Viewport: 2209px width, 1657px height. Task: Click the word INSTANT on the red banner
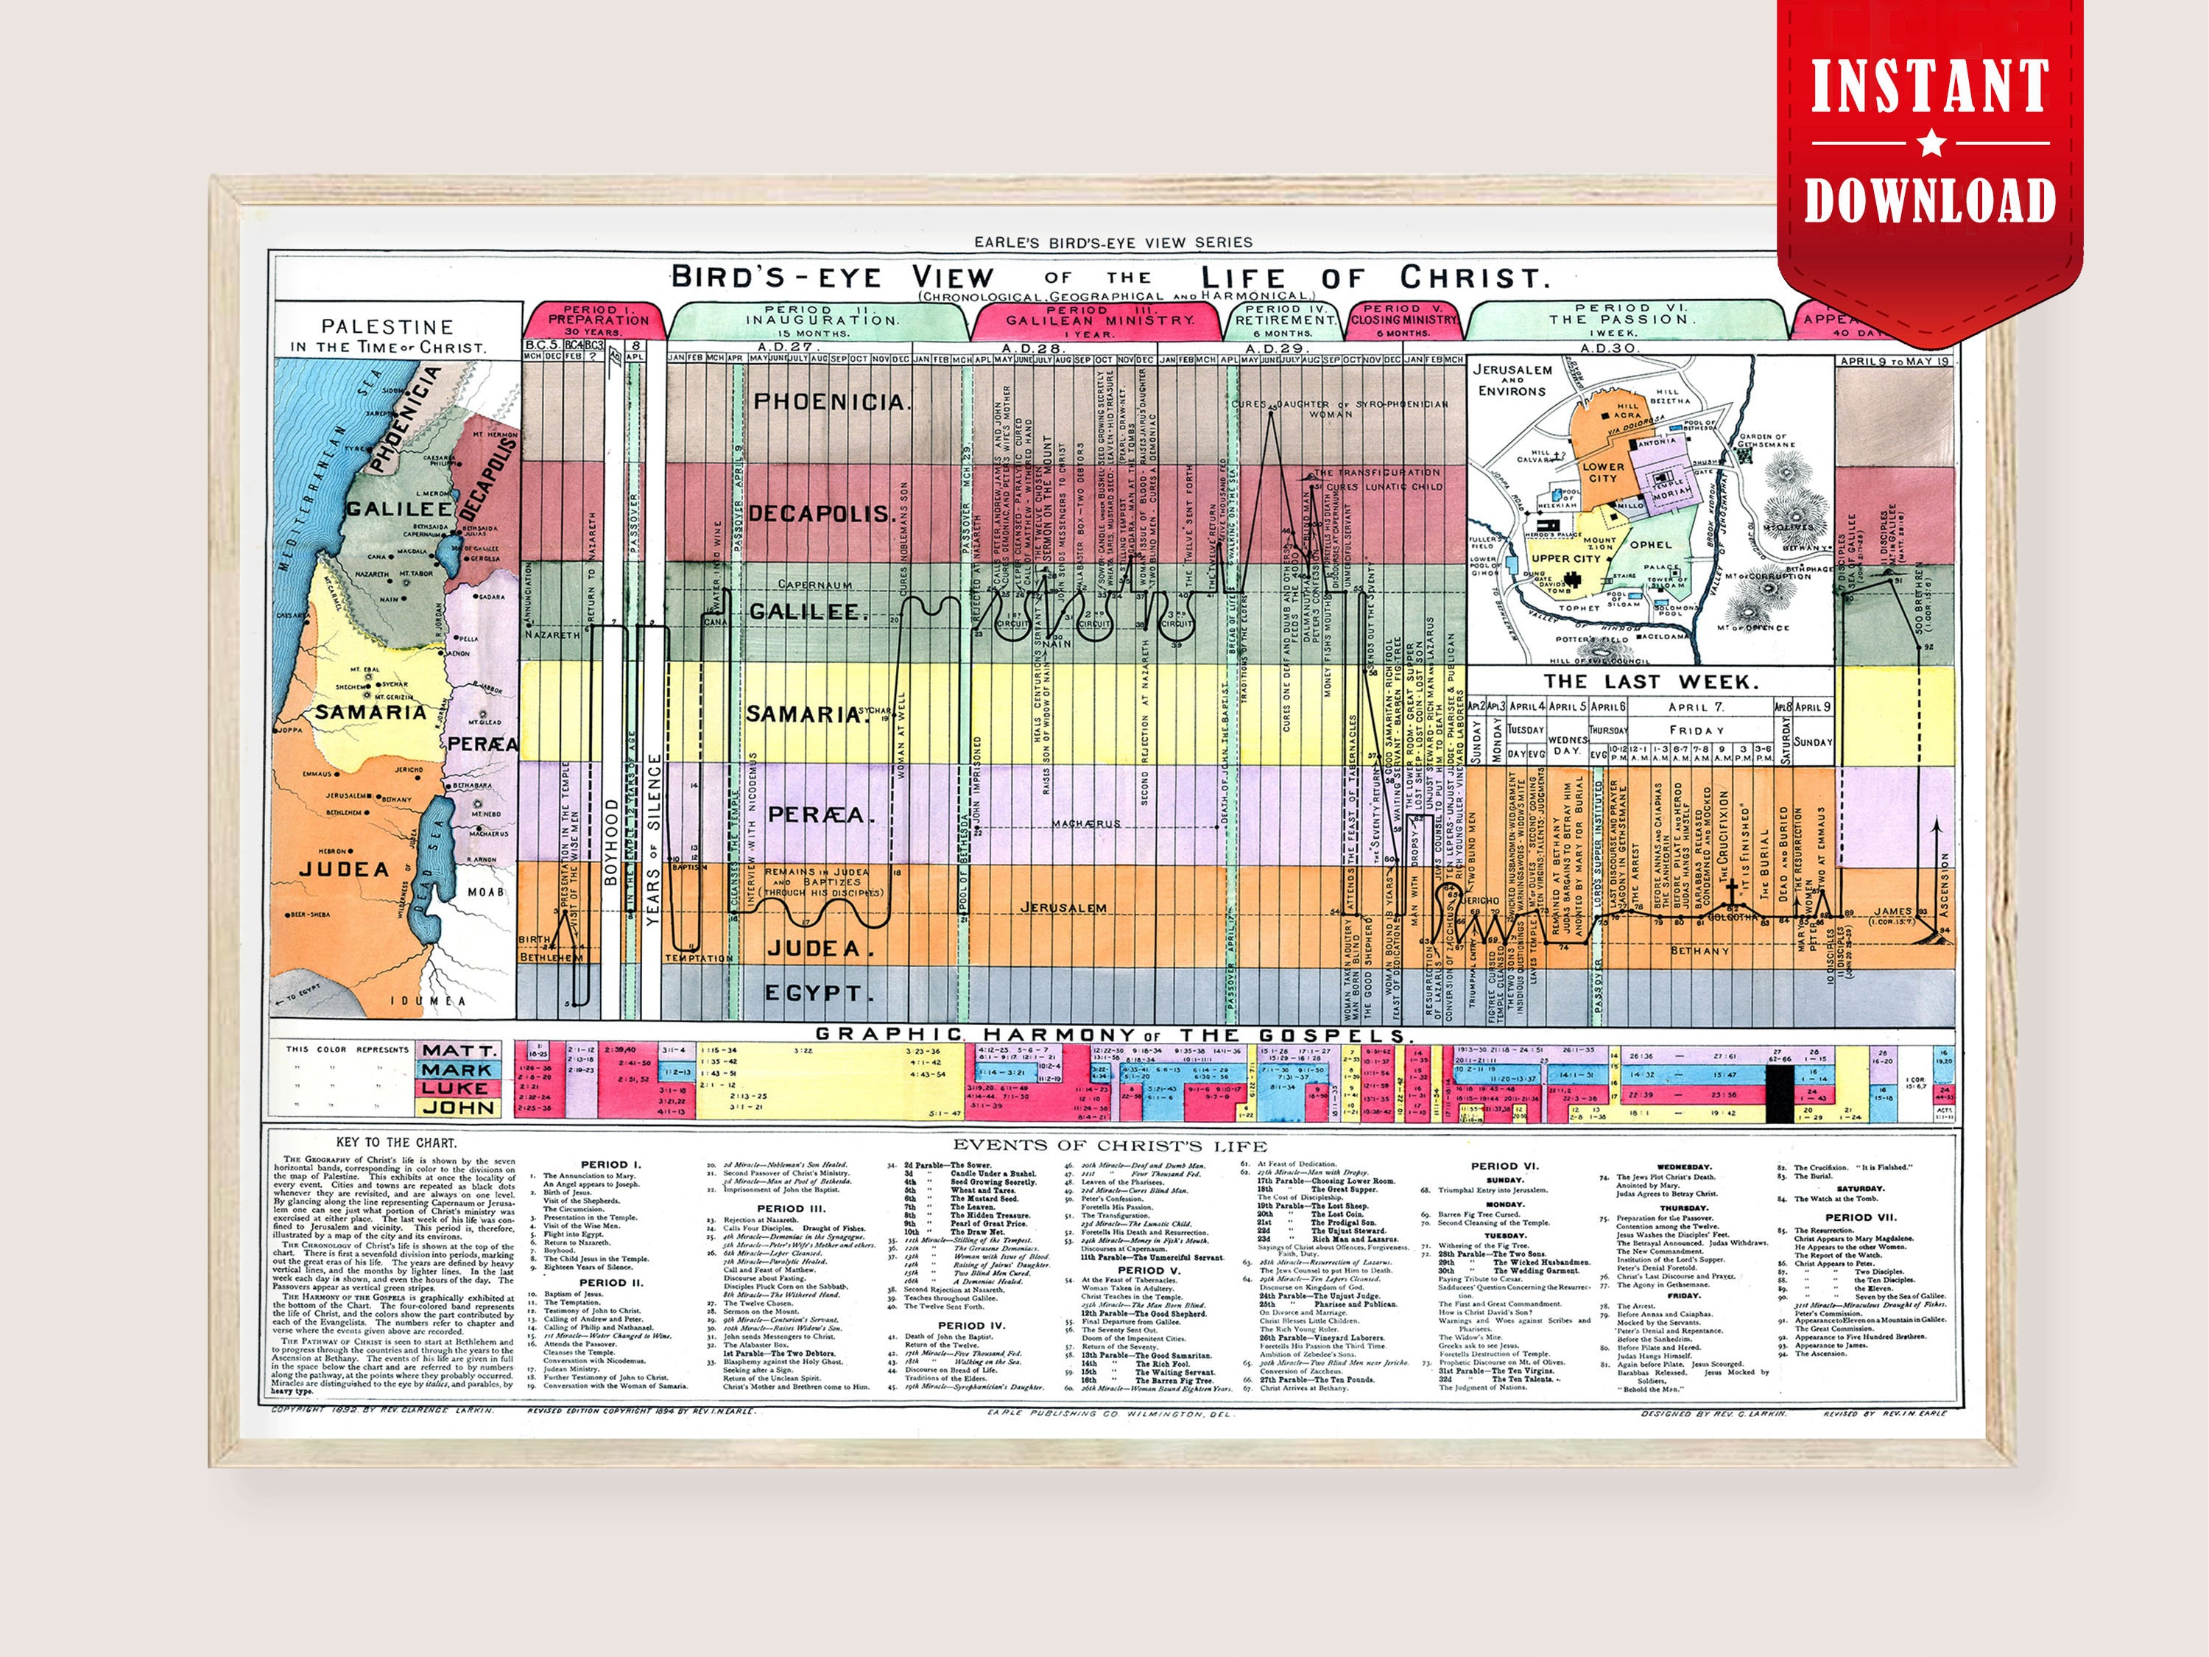(x=1929, y=87)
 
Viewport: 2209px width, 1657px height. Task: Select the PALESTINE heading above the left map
(x=387, y=326)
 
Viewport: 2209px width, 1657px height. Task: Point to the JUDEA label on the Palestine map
(x=344, y=869)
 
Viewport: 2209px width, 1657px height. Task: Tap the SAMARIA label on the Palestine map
(x=370, y=712)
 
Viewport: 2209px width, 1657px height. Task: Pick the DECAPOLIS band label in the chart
(x=821, y=513)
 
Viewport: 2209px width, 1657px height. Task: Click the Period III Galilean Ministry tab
(x=1098, y=320)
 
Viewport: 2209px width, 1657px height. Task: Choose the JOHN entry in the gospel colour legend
(x=457, y=1108)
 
